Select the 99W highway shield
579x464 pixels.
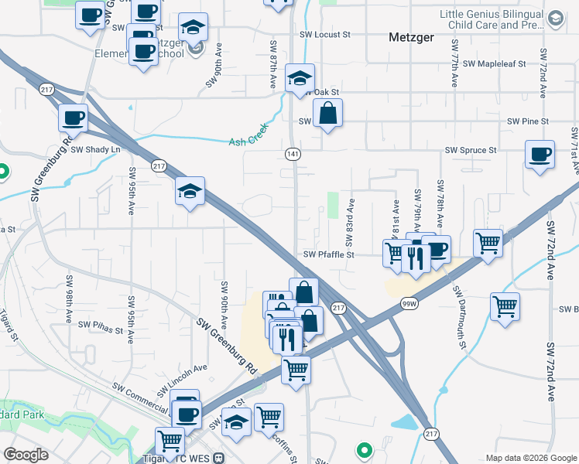click(407, 305)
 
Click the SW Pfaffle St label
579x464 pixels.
click(328, 254)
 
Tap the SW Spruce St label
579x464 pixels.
click(470, 150)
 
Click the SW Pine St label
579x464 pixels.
click(528, 121)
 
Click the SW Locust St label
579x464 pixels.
click(330, 35)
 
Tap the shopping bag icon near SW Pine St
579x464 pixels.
click(328, 114)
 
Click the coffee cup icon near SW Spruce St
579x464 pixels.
click(540, 153)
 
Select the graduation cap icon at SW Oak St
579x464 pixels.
click(300, 77)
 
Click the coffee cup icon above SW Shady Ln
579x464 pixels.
click(74, 118)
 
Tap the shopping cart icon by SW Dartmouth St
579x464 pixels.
click(505, 306)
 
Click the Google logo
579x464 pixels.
click(26, 455)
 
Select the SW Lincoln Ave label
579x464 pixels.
click(183, 377)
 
